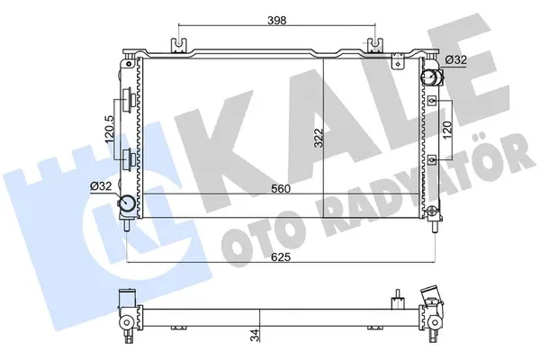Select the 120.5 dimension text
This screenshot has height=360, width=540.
click(109, 127)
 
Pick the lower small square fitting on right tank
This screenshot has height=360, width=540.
click(433, 159)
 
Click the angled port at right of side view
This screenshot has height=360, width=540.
click(433, 296)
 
